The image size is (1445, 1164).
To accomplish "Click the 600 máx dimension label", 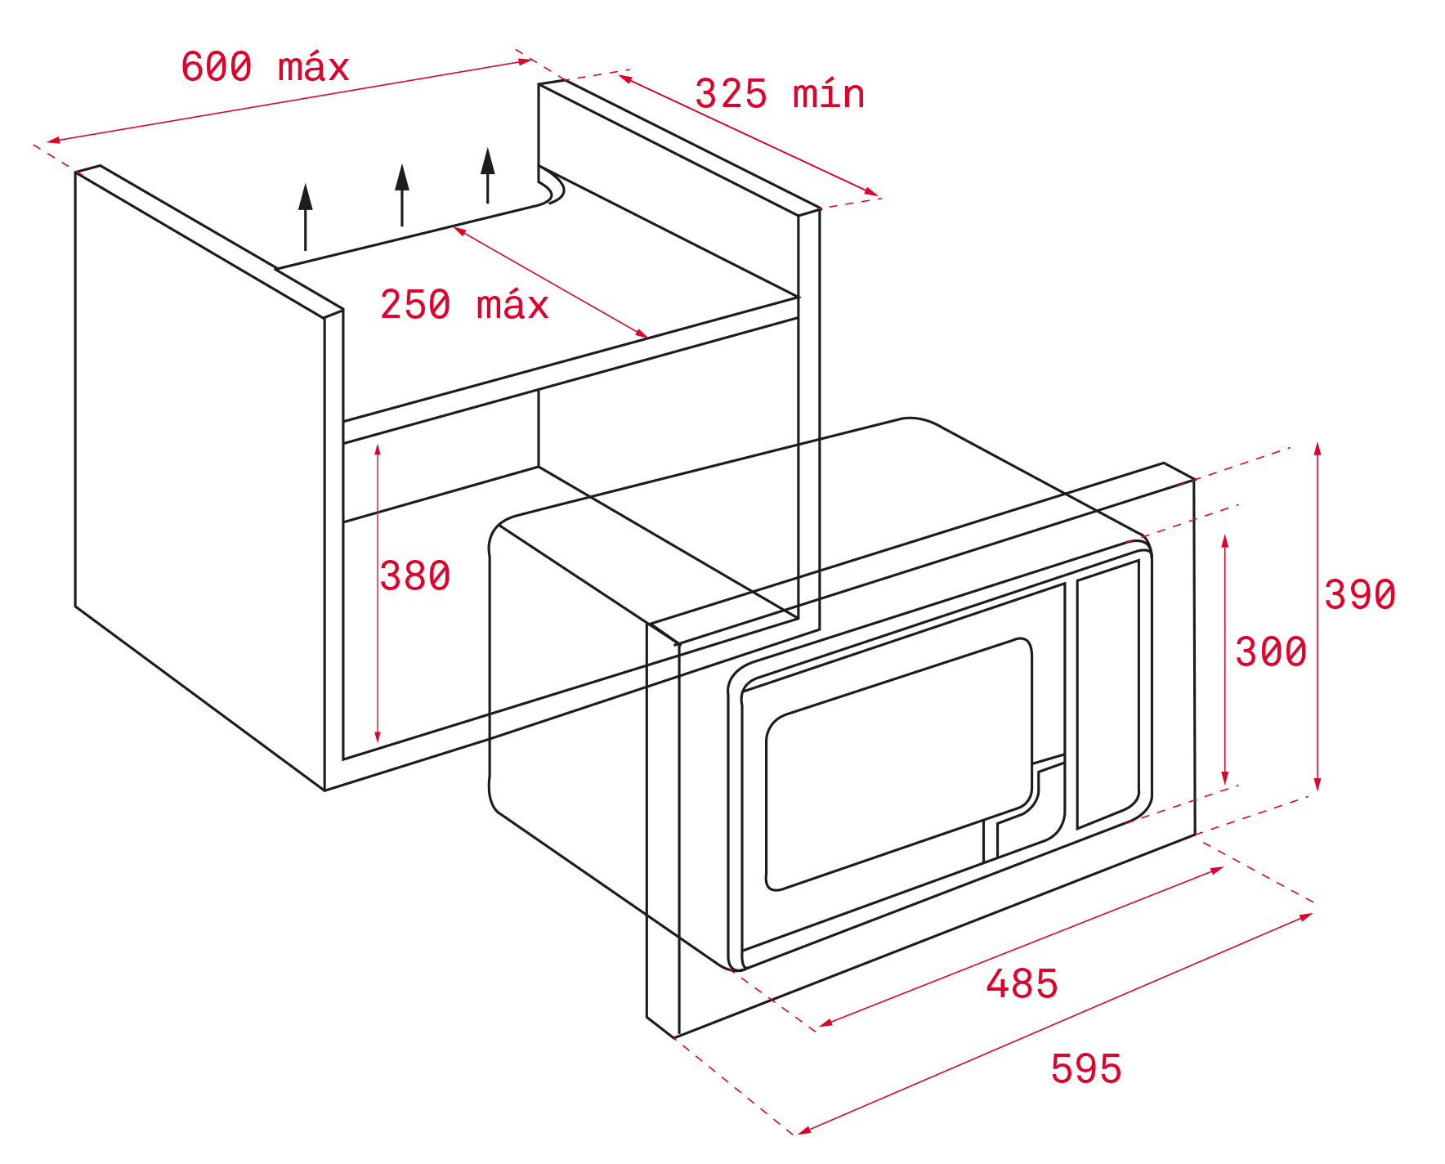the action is pos(265,67).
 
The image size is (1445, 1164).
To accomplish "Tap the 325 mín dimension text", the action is pos(780,94).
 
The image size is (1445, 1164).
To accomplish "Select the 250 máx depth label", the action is pos(464,305).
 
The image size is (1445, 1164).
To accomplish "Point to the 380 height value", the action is pos(415,575).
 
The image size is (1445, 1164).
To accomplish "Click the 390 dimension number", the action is pos(1360,594).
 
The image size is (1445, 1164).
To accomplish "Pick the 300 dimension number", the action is pos(1271,652).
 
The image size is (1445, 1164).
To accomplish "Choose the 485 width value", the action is pos(1022,983).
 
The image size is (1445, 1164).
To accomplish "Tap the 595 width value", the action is pos(1086,1068).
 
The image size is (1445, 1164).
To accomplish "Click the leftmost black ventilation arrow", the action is pos(306,217).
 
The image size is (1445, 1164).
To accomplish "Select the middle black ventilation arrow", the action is pos(402,195).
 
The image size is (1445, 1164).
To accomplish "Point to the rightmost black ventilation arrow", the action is pos(488,175).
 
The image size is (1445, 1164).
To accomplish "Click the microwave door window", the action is pos(899,763).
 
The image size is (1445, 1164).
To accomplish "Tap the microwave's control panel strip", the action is pos(1108,694).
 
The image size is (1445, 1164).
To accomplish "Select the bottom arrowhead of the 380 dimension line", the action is pos(378,737).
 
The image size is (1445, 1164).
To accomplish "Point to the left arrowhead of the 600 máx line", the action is pos(54,141).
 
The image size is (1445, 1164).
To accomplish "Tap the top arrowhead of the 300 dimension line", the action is pos(1225,541).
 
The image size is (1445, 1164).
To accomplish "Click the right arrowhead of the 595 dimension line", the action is pos(1306,917).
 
